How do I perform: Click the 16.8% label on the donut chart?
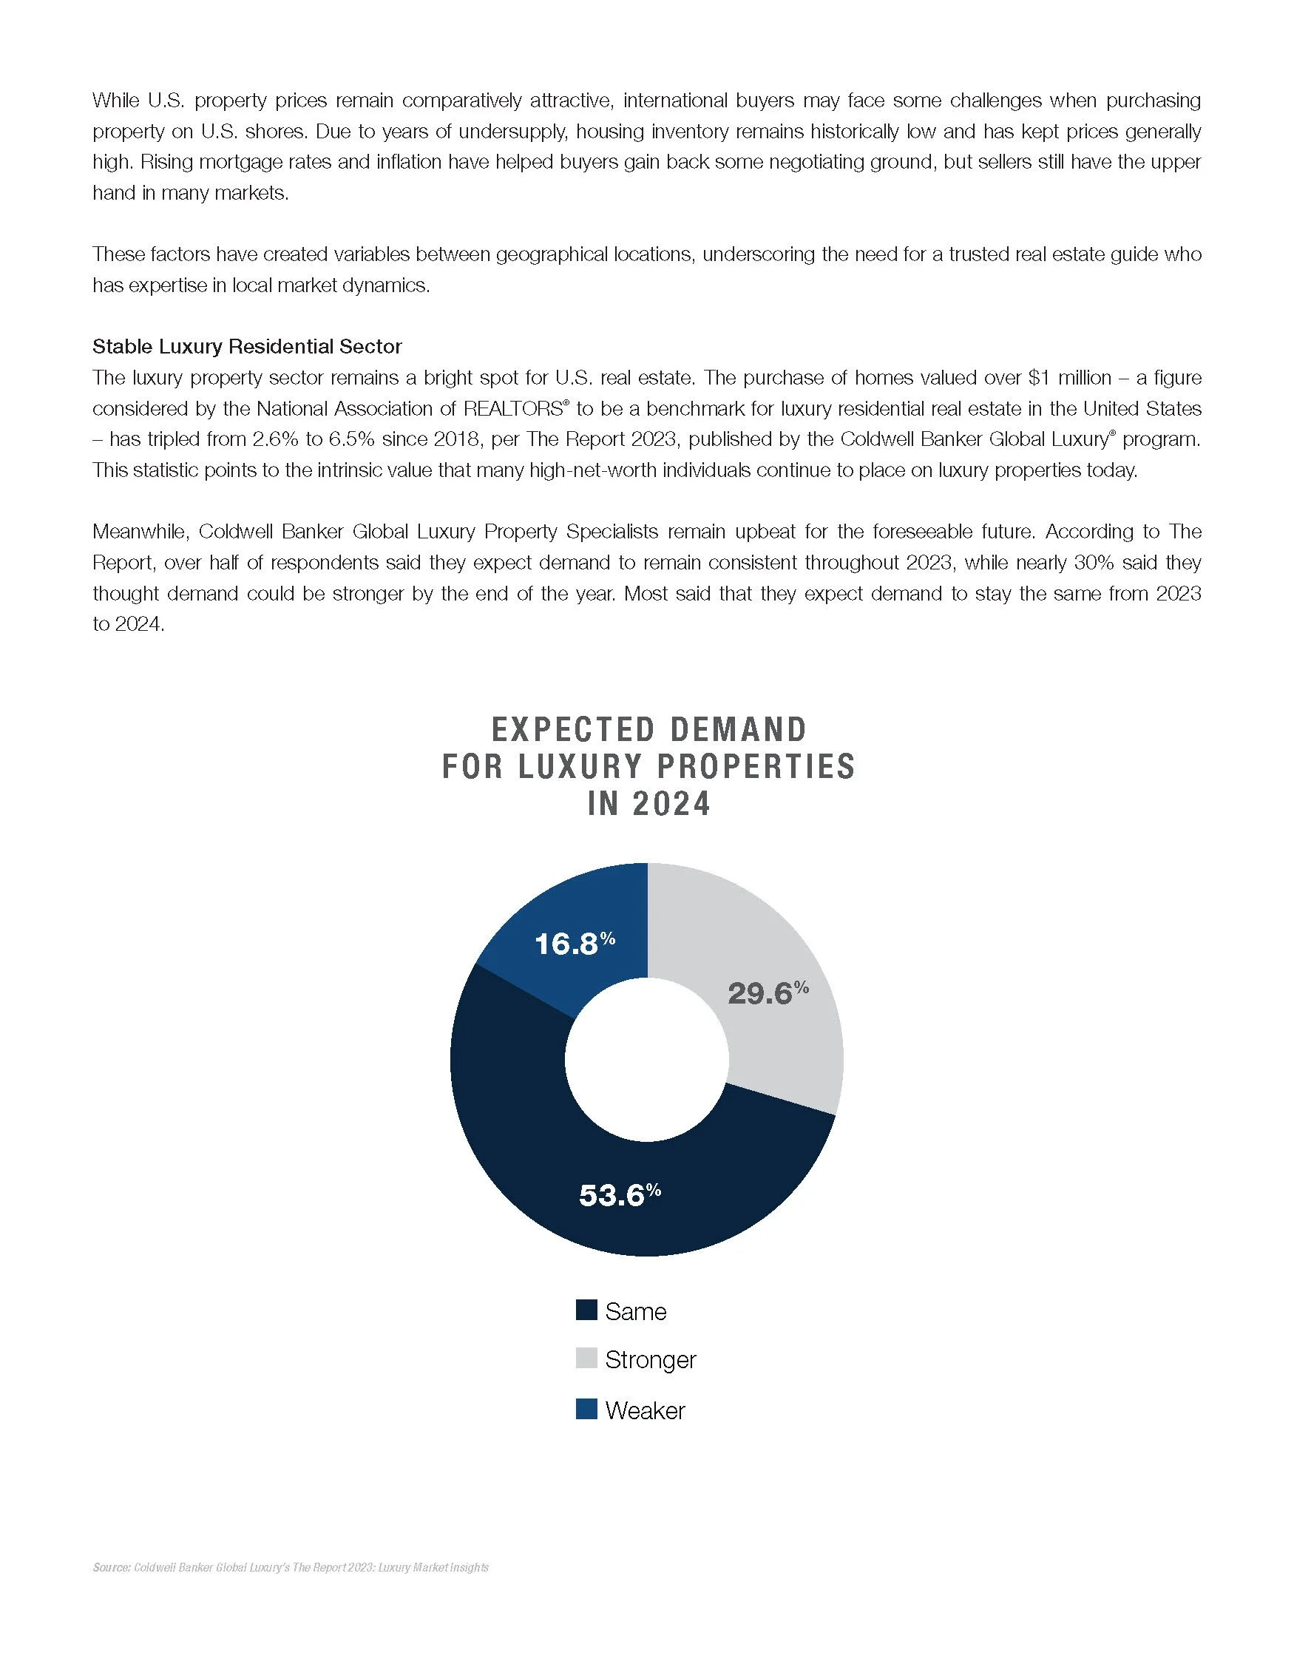point(575,944)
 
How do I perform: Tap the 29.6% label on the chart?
point(768,992)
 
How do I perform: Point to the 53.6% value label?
point(619,1194)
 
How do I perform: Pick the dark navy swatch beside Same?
point(586,1310)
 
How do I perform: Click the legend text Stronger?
point(651,1360)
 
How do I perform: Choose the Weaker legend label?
point(645,1410)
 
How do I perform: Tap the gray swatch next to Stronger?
point(586,1359)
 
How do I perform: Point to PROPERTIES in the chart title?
point(756,766)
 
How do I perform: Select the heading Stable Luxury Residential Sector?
point(247,347)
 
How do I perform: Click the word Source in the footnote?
point(110,1568)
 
